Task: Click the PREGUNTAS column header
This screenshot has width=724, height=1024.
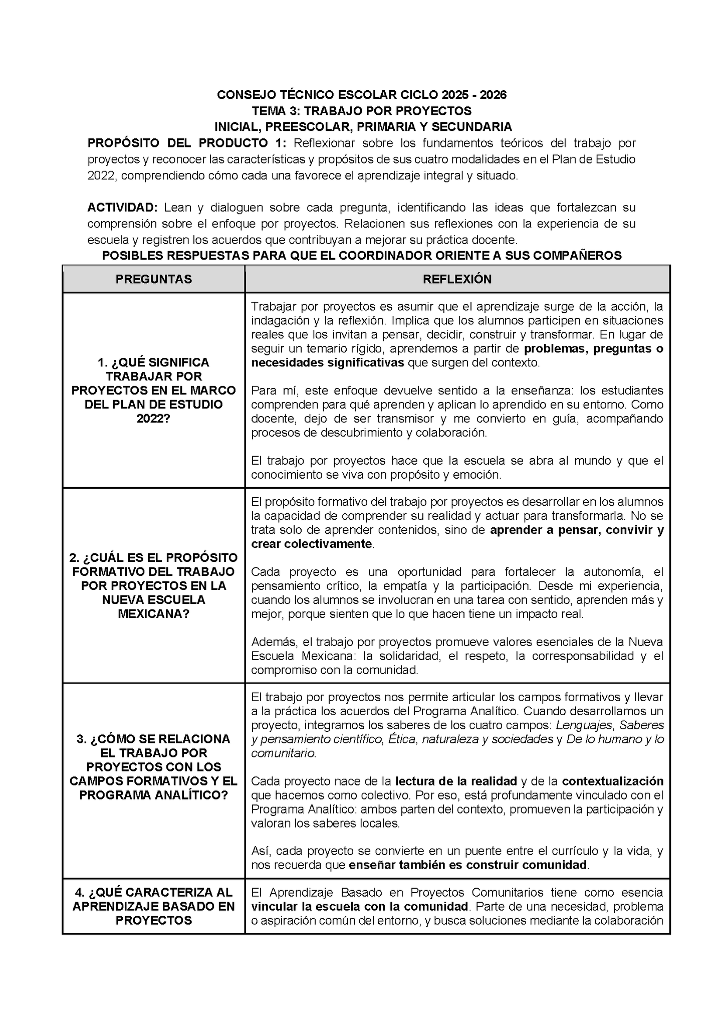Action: (x=153, y=279)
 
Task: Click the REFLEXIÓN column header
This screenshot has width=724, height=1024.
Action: (x=457, y=279)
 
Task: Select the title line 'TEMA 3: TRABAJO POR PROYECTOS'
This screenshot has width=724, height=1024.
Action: (x=361, y=110)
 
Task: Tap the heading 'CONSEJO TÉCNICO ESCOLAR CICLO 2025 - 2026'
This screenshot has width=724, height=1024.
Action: (x=361, y=95)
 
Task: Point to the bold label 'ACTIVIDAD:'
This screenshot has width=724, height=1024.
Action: (x=122, y=208)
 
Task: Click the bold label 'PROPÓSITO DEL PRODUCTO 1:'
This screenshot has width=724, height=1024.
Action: (x=187, y=143)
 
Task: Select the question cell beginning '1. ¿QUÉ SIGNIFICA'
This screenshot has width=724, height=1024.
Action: (x=153, y=390)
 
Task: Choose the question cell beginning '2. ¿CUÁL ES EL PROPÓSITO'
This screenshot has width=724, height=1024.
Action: (x=153, y=585)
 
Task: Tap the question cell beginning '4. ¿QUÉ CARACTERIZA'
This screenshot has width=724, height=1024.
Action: (x=153, y=906)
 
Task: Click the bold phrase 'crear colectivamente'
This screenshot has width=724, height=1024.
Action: (x=311, y=544)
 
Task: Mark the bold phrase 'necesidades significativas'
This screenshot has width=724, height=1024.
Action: (x=327, y=362)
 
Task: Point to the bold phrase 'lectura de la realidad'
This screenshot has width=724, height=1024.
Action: (x=456, y=781)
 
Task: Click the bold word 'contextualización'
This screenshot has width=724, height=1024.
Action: (x=612, y=781)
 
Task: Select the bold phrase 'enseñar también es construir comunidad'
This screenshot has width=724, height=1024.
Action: (x=467, y=865)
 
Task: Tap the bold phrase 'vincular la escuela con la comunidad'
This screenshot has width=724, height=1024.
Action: (x=359, y=906)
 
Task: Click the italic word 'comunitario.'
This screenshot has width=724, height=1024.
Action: (x=284, y=753)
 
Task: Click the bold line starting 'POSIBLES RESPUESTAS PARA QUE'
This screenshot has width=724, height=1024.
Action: (x=361, y=256)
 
